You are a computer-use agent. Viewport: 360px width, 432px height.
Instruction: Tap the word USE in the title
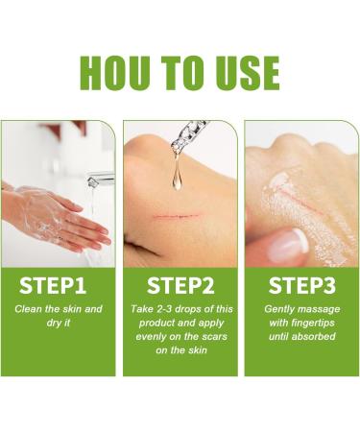click(x=244, y=72)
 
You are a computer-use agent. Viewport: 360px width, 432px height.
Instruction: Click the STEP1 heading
click(x=59, y=285)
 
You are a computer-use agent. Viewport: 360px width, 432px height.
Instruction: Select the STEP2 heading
click(x=180, y=285)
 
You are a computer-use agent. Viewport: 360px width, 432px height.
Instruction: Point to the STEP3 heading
click(x=300, y=285)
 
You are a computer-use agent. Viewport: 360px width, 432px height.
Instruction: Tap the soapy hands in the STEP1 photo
click(x=58, y=216)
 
